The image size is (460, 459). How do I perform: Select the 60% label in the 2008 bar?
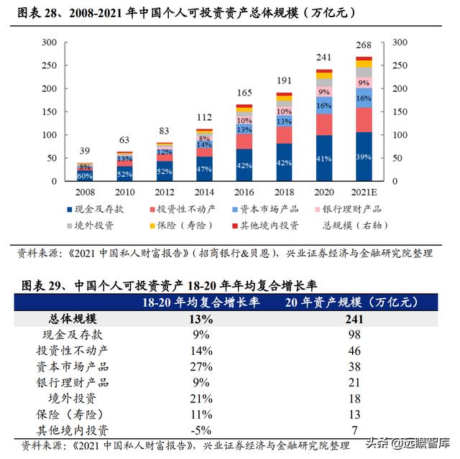tap(85, 175)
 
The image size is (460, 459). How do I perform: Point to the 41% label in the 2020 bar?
tap(324, 159)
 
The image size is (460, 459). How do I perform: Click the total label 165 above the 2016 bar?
tap(244, 93)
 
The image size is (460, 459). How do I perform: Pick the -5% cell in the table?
tap(201, 430)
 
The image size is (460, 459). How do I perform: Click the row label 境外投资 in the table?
tap(71, 397)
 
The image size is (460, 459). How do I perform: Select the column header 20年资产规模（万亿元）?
tap(353, 302)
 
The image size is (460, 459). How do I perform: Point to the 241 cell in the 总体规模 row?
tap(353, 318)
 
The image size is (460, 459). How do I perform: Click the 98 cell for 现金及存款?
tap(353, 334)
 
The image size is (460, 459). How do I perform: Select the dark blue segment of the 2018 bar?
tap(285, 163)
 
